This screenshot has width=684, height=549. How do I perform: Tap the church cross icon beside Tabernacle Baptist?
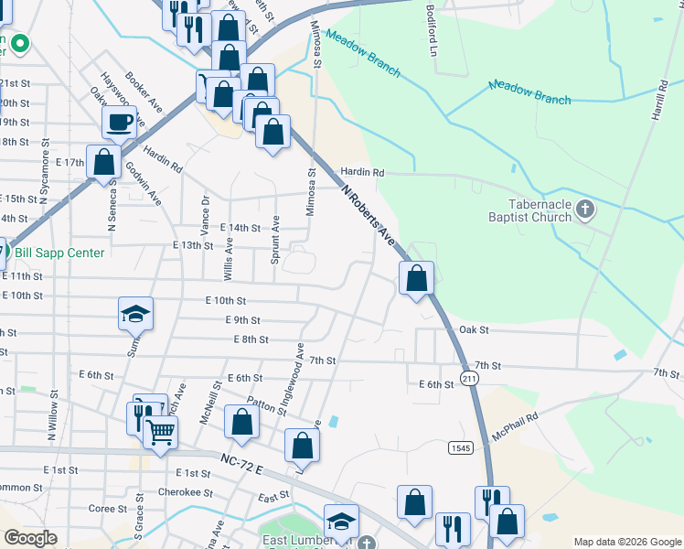(x=586, y=211)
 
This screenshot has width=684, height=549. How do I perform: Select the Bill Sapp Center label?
(x=58, y=253)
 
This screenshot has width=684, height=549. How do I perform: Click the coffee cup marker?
(x=119, y=122)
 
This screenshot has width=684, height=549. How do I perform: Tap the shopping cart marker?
(x=161, y=431)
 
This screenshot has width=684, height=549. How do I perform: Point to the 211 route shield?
(x=469, y=378)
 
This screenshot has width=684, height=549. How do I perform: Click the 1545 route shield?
(x=460, y=447)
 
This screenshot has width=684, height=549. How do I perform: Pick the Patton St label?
(x=266, y=404)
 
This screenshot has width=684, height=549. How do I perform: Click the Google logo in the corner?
(x=31, y=538)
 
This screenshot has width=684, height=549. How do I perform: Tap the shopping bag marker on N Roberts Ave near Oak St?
(x=417, y=277)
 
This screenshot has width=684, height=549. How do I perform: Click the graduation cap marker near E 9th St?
(x=135, y=314)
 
